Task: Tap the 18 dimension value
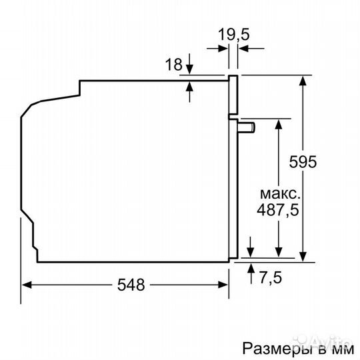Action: [x=173, y=65]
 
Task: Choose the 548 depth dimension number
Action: [x=131, y=285]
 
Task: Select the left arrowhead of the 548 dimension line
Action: [x=27, y=285]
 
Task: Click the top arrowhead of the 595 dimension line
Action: [x=303, y=81]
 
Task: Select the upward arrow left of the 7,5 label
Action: [x=251, y=269]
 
